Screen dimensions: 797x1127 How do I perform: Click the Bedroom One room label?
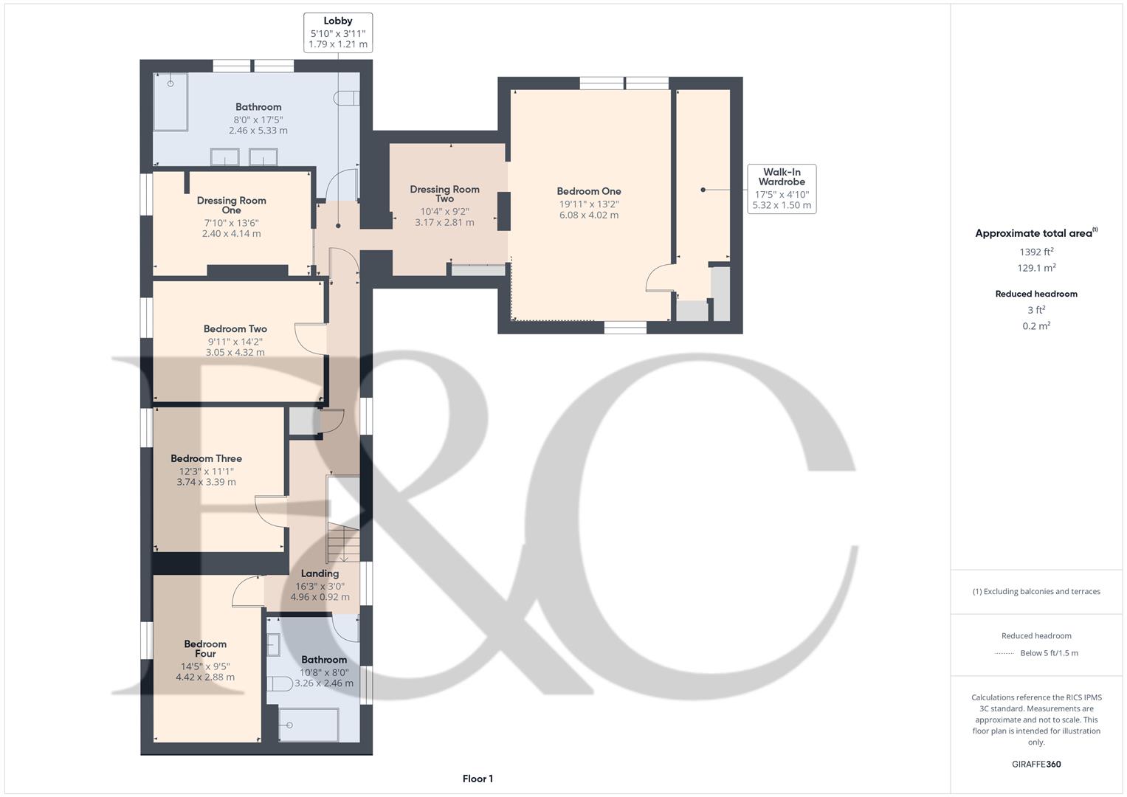[x=588, y=191]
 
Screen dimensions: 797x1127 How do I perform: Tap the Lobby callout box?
[x=338, y=32]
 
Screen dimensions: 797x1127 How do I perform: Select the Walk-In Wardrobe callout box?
[x=782, y=189]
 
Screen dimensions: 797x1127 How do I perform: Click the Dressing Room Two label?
[x=444, y=193]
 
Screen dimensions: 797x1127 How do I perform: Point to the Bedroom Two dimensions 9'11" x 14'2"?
[x=235, y=342]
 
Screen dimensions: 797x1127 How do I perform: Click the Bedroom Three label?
[x=206, y=458]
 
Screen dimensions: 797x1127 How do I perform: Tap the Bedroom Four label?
[x=205, y=649]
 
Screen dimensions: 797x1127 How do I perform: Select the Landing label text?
[x=320, y=573]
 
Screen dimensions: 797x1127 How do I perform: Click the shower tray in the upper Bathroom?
[x=170, y=101]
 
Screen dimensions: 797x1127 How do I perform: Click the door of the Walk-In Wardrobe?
[x=659, y=278]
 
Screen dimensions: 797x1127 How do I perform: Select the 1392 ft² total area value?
[x=1035, y=252]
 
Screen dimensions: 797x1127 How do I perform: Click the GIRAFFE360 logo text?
[x=1035, y=764]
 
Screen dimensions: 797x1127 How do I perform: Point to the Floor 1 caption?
[x=478, y=779]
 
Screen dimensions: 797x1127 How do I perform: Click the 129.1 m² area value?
[x=1035, y=268]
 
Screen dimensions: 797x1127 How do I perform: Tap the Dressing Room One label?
[x=231, y=205]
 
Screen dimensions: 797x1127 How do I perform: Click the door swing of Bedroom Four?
[x=247, y=591]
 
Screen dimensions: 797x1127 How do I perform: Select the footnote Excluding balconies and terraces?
[x=1036, y=591]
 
